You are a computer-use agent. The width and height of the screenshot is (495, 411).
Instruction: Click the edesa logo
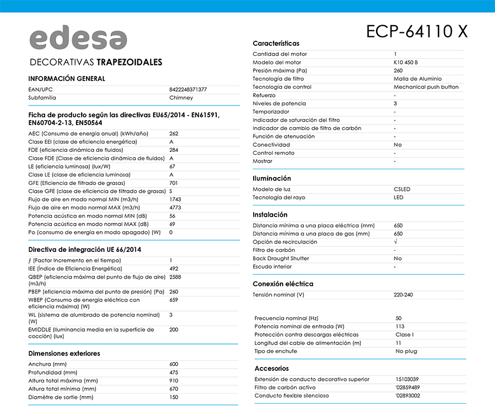[x=78, y=39]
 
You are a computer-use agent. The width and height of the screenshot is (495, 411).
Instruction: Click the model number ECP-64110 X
[x=417, y=31]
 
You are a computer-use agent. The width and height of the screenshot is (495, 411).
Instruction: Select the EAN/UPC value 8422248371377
[x=188, y=89]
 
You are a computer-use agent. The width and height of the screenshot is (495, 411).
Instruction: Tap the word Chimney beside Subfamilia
[x=181, y=98]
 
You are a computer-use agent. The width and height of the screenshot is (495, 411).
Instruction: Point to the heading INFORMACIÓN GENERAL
[x=66, y=79]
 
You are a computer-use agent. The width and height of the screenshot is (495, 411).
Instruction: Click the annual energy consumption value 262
[x=174, y=134]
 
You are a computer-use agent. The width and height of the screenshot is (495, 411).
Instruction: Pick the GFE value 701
[x=174, y=183]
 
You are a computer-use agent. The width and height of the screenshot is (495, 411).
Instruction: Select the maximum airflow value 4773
[x=175, y=208]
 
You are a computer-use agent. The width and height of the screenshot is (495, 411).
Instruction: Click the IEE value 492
[x=174, y=269]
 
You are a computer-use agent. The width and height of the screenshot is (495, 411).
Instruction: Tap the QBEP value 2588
[x=175, y=277]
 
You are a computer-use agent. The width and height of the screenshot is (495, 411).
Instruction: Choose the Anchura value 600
[x=174, y=364]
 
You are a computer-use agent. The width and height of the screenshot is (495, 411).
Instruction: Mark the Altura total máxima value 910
[x=174, y=381]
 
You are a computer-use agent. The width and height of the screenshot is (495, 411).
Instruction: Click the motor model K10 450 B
[x=406, y=63]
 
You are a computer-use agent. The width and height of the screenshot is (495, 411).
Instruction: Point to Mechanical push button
[x=426, y=87]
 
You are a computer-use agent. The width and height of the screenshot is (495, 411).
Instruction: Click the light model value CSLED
[x=402, y=189]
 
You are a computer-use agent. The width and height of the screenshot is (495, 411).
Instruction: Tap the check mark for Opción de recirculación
[x=396, y=242]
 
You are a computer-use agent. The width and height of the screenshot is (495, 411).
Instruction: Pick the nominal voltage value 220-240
[x=403, y=295]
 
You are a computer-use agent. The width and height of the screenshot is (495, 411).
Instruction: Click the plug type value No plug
[x=407, y=351]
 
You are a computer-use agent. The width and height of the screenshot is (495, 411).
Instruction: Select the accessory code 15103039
[x=407, y=379]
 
